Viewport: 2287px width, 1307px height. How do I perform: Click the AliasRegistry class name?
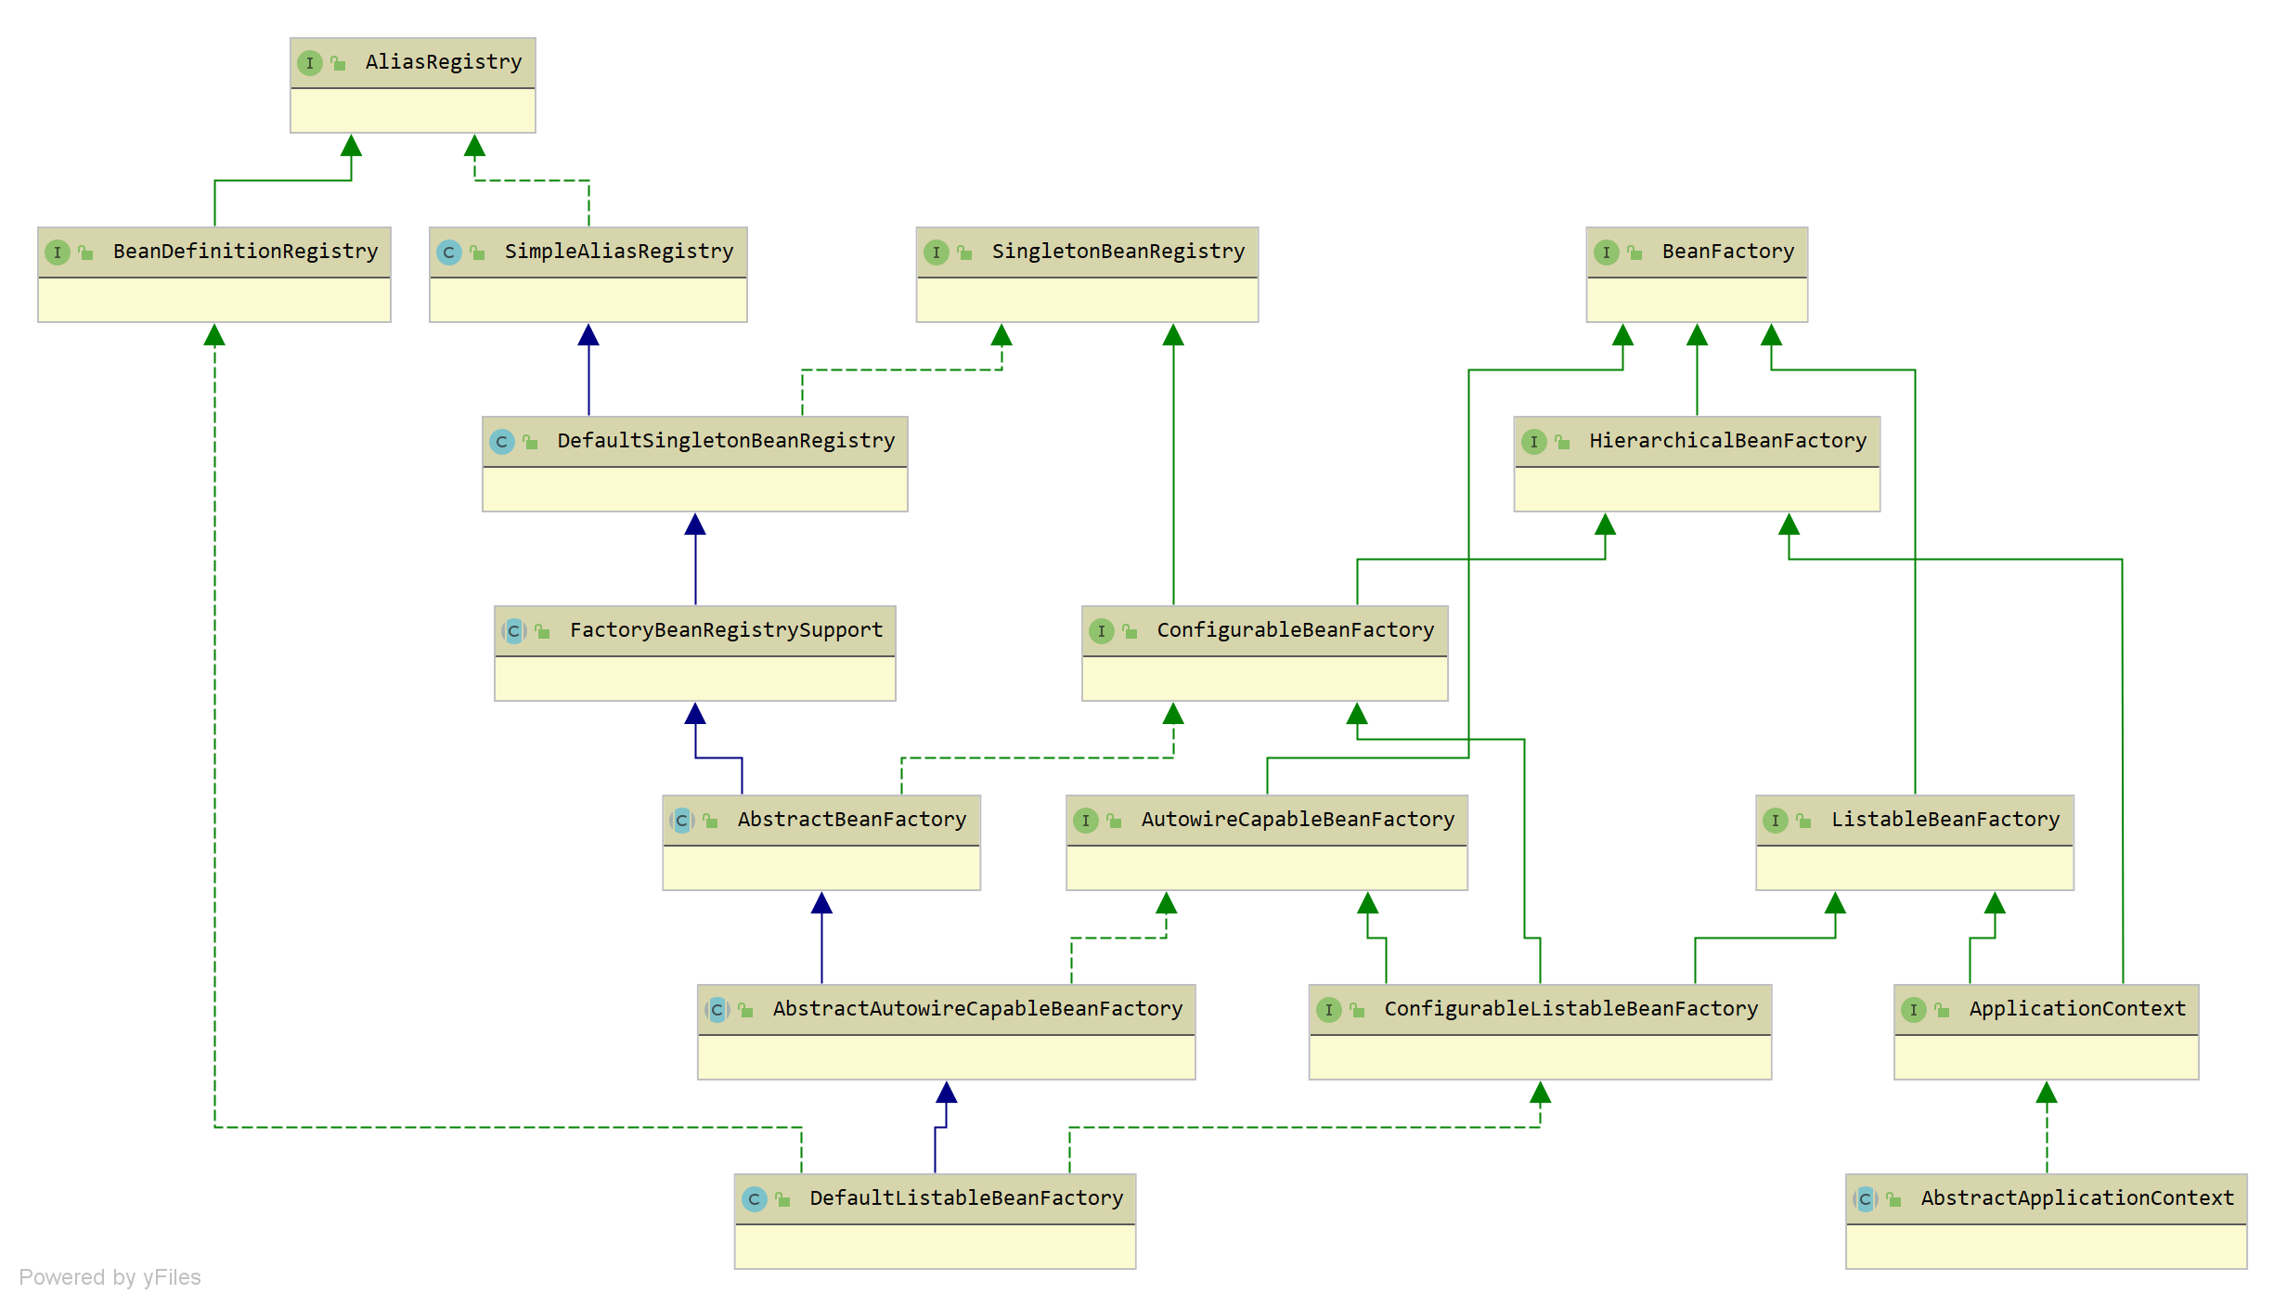coord(443,62)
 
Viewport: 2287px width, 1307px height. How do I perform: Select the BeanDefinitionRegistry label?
coord(245,252)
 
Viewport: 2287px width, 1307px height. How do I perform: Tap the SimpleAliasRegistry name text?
coord(618,252)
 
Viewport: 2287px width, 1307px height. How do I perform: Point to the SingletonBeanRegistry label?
coord(1118,252)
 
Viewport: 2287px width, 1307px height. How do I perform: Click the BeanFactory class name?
coord(1727,252)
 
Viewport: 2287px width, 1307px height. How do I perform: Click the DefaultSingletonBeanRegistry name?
coord(725,441)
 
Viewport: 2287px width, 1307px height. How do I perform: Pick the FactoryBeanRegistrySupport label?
coord(726,630)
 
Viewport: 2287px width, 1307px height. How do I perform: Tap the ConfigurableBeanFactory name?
coord(1295,630)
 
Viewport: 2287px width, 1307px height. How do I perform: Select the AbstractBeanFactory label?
coord(851,820)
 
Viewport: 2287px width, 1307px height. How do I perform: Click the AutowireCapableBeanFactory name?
coord(1297,820)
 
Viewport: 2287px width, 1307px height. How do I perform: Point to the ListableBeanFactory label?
coord(1945,820)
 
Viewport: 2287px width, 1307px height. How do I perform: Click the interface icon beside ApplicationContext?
coord(1913,1010)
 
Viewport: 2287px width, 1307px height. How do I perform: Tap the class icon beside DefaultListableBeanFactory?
coord(754,1199)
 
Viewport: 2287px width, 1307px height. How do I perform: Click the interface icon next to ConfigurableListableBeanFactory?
coord(1328,1010)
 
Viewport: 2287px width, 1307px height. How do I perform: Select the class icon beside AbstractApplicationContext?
coord(1865,1199)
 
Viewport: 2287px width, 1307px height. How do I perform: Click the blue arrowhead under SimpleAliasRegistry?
coord(588,335)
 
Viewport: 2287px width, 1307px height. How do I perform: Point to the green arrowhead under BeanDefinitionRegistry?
coord(214,335)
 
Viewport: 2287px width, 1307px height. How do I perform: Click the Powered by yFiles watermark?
coord(110,1277)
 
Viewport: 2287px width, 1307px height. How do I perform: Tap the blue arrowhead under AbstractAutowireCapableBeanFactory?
coord(946,1093)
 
